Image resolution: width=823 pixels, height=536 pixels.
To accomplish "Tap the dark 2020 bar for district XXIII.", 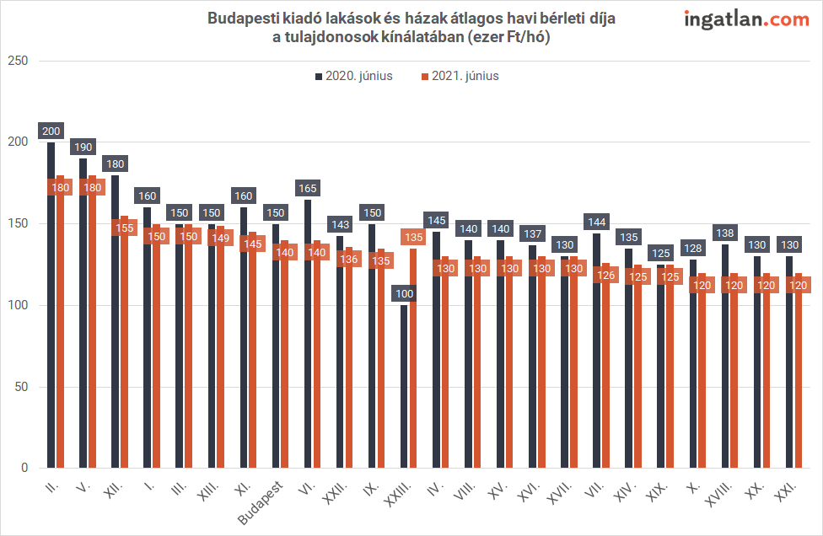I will pos(404,388).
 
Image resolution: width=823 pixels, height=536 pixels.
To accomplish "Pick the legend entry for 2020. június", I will pos(354,76).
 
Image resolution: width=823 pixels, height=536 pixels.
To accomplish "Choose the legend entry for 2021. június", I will pos(460,76).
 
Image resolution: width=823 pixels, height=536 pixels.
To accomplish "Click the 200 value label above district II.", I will pos(51,131).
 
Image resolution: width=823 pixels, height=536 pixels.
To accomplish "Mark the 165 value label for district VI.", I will pos(308,188).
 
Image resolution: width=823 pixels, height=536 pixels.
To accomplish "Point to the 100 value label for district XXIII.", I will pos(404,293).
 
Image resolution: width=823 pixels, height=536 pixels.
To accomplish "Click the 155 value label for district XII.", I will pos(124,228).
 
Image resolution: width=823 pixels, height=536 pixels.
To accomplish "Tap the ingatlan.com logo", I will pos(746,19).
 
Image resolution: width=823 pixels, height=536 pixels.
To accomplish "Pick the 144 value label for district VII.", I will pos(597,222).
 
